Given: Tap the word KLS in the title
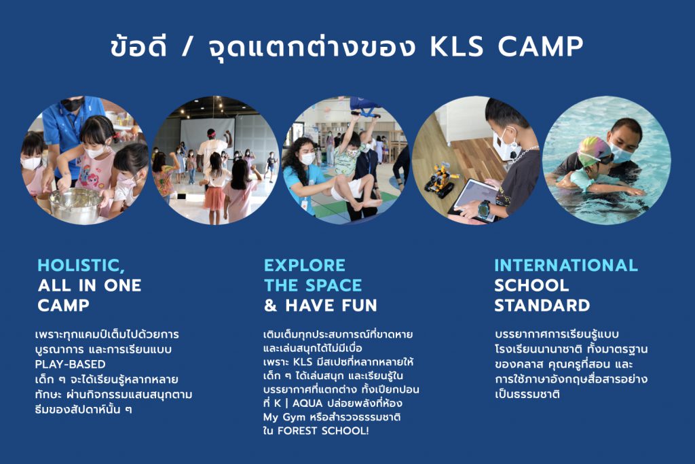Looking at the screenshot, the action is pyautogui.click(x=457, y=47).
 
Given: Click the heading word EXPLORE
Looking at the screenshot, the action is pyautogui.click(x=305, y=265).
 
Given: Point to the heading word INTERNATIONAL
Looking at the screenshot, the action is pyautogui.click(x=566, y=265).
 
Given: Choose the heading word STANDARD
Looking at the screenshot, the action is pyautogui.click(x=542, y=305).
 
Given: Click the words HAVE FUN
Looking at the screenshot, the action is pyautogui.click(x=331, y=305).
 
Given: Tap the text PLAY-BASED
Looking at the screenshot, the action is pyautogui.click(x=70, y=364).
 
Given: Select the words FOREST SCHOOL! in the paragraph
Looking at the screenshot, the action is pyautogui.click(x=322, y=431).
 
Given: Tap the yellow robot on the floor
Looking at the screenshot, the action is pyautogui.click(x=440, y=179).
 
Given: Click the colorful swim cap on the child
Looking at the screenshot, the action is pyautogui.click(x=593, y=150).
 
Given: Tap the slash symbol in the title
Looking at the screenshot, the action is pyautogui.click(x=187, y=48).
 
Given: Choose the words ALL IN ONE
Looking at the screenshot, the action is pyautogui.click(x=90, y=285).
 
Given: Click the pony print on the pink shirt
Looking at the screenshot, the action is pyautogui.click(x=91, y=180).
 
